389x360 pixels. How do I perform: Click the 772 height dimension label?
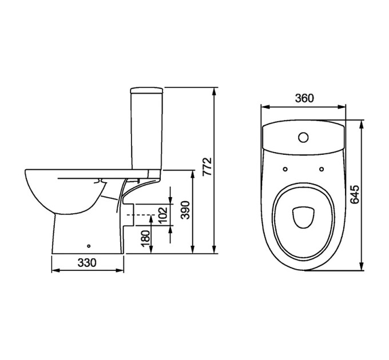(x=207, y=167)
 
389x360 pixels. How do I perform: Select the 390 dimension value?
(x=185, y=210)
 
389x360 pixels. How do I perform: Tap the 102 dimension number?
(x=163, y=214)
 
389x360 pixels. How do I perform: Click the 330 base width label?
(x=87, y=263)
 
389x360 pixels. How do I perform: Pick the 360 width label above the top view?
(x=304, y=98)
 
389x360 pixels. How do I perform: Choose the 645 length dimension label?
(x=355, y=194)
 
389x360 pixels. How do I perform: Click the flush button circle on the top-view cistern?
(x=303, y=137)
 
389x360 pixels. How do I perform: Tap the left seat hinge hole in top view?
(x=285, y=169)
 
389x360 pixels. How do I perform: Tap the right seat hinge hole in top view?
(x=321, y=169)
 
